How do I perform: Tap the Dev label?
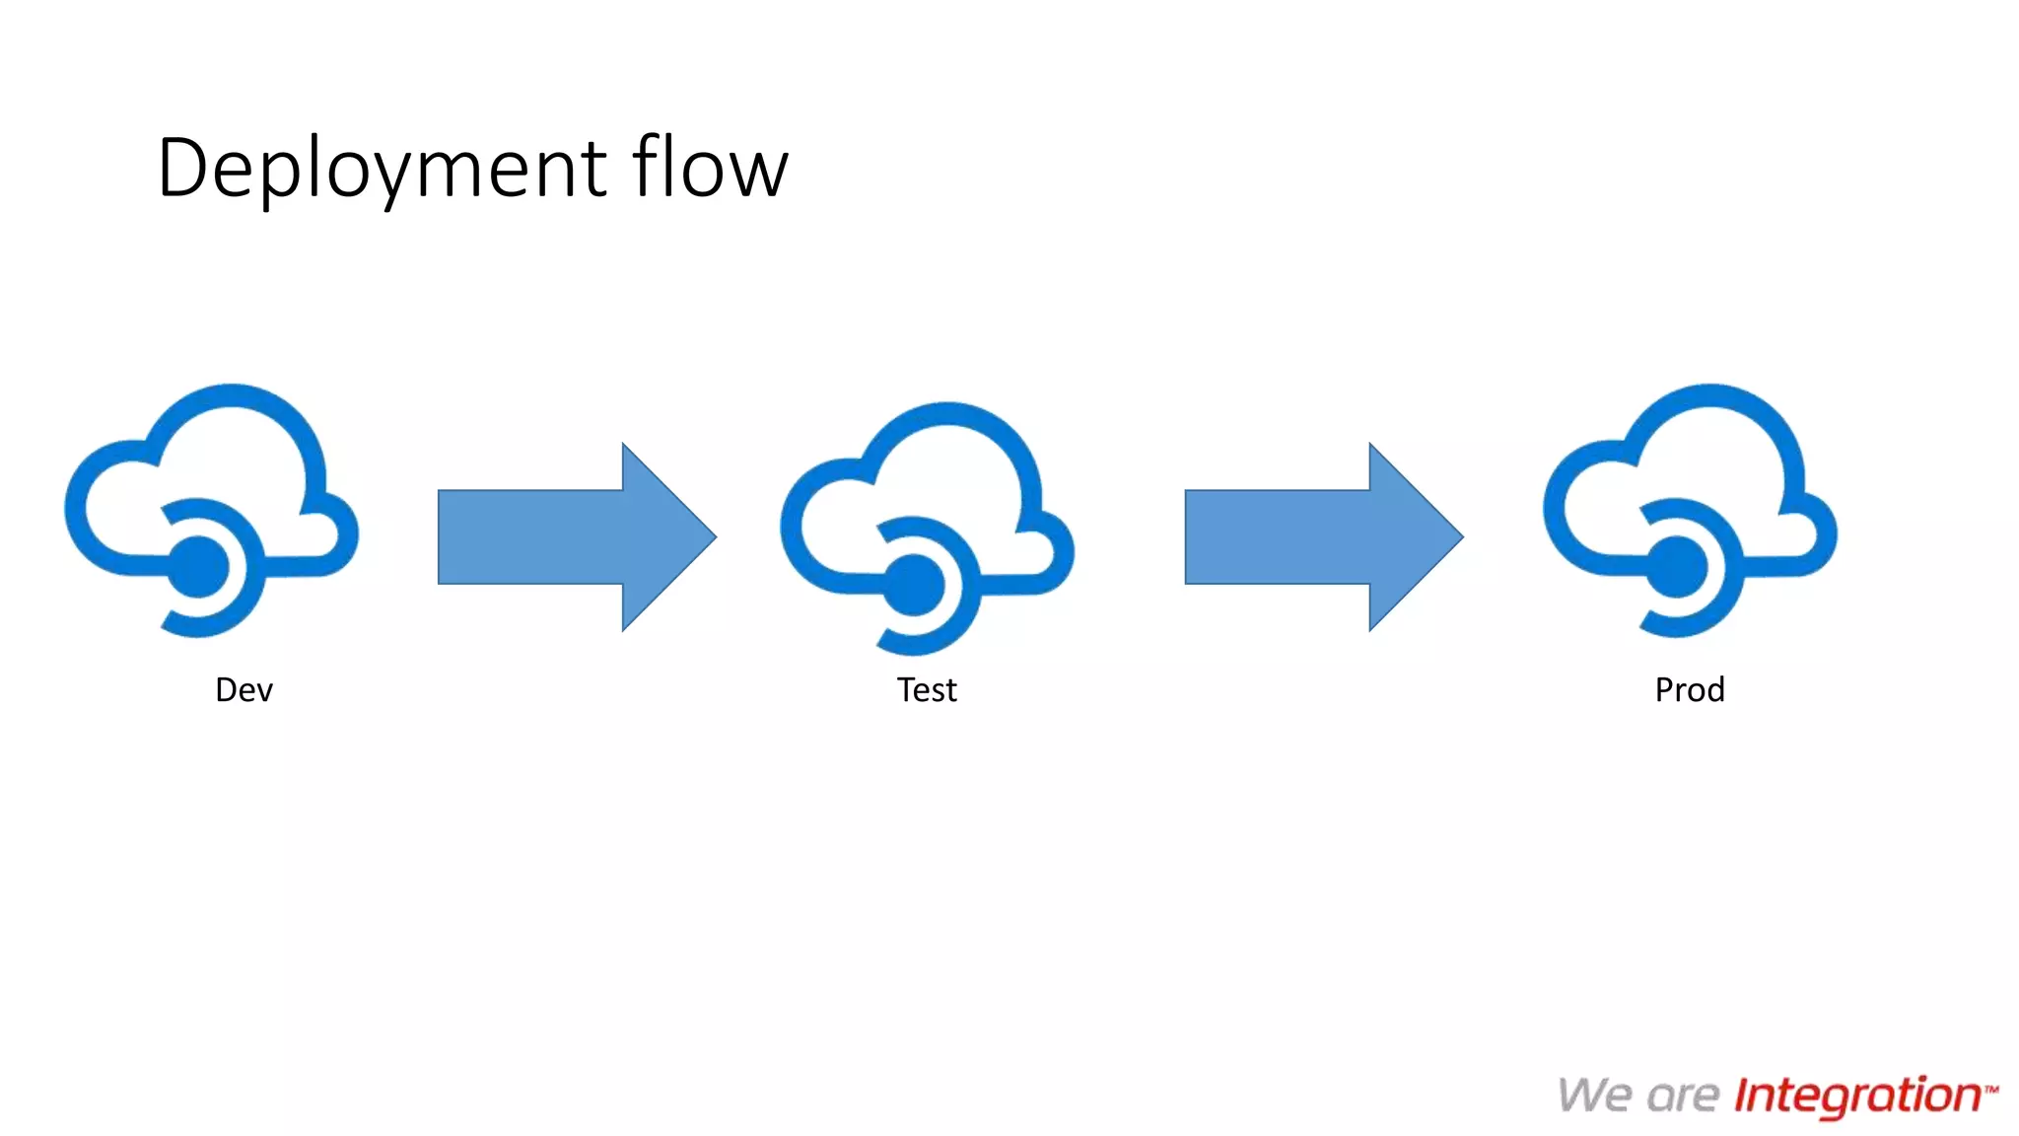(244, 689)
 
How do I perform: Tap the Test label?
(926, 689)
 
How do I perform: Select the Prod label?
(1690, 689)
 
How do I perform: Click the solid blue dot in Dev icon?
(198, 568)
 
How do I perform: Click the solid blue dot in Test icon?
(914, 586)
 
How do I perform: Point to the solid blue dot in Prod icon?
(1677, 568)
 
